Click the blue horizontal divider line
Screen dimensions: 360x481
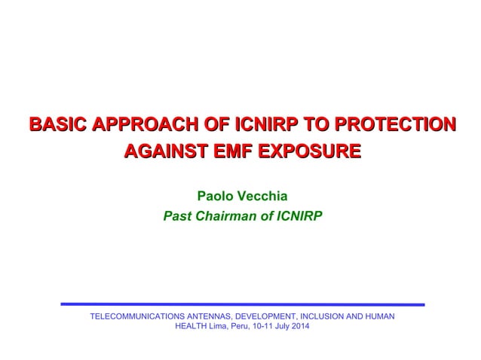coord(241,304)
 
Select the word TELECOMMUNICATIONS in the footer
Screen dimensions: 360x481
coord(140,316)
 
